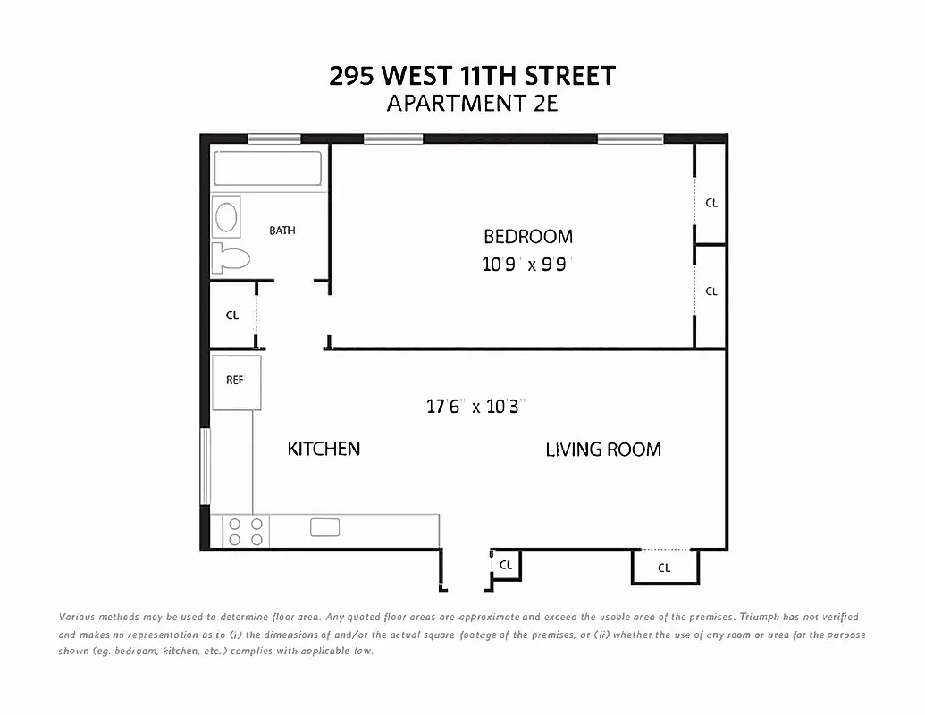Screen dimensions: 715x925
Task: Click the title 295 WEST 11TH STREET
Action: pyautogui.click(x=472, y=76)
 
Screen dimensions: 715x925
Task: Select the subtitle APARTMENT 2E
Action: pyautogui.click(x=472, y=104)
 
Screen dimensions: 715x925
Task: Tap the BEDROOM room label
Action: pyautogui.click(x=527, y=237)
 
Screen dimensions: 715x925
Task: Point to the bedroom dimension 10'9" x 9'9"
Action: pyautogui.click(x=527, y=265)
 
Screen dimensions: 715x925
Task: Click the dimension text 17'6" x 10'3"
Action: pyautogui.click(x=474, y=407)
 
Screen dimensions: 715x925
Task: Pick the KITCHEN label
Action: pyautogui.click(x=324, y=449)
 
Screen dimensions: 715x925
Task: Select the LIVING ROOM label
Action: pyautogui.click(x=603, y=450)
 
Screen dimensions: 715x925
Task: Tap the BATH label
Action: pyautogui.click(x=282, y=231)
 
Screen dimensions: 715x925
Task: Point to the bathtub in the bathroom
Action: pyautogui.click(x=266, y=170)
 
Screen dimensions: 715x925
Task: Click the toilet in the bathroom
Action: pyautogui.click(x=230, y=259)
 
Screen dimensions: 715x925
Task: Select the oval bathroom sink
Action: pyautogui.click(x=227, y=217)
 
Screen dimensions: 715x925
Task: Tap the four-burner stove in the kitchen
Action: pyautogui.click(x=246, y=532)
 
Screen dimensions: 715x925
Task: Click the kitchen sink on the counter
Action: pyautogui.click(x=324, y=527)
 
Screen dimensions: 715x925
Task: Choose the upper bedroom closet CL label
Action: pyautogui.click(x=711, y=203)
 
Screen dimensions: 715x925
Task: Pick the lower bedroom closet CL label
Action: pyautogui.click(x=711, y=291)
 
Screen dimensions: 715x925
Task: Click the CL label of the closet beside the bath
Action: pyautogui.click(x=232, y=315)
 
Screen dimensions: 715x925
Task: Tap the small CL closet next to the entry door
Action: pyautogui.click(x=506, y=565)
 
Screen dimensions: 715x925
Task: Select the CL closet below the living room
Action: pyautogui.click(x=664, y=568)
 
